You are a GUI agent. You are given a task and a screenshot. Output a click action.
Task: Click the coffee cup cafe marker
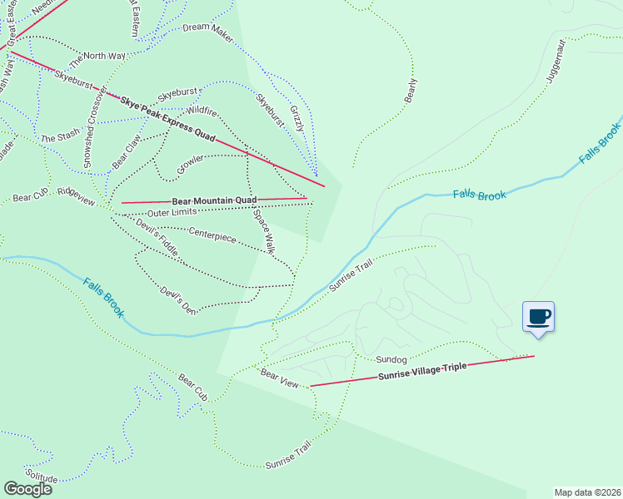(538, 317)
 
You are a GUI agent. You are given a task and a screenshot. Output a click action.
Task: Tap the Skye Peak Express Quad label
(167, 118)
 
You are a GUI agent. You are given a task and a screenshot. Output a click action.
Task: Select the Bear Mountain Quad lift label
(214, 200)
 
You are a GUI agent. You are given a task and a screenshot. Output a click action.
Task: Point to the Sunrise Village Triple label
(422, 372)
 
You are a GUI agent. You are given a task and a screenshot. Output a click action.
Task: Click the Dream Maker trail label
(207, 27)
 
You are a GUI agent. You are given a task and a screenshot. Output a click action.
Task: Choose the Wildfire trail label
(202, 111)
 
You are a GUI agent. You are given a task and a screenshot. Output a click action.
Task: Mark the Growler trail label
(191, 164)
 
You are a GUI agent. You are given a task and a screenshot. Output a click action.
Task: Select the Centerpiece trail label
(212, 235)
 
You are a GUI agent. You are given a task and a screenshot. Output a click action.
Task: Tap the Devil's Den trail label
(178, 301)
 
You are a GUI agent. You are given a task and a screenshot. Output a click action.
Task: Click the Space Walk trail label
(264, 230)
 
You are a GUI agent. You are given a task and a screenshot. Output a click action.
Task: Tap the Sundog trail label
(391, 360)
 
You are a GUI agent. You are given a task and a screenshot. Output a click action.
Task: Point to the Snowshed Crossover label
(89, 126)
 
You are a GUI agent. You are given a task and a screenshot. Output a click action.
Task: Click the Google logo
(27, 488)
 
